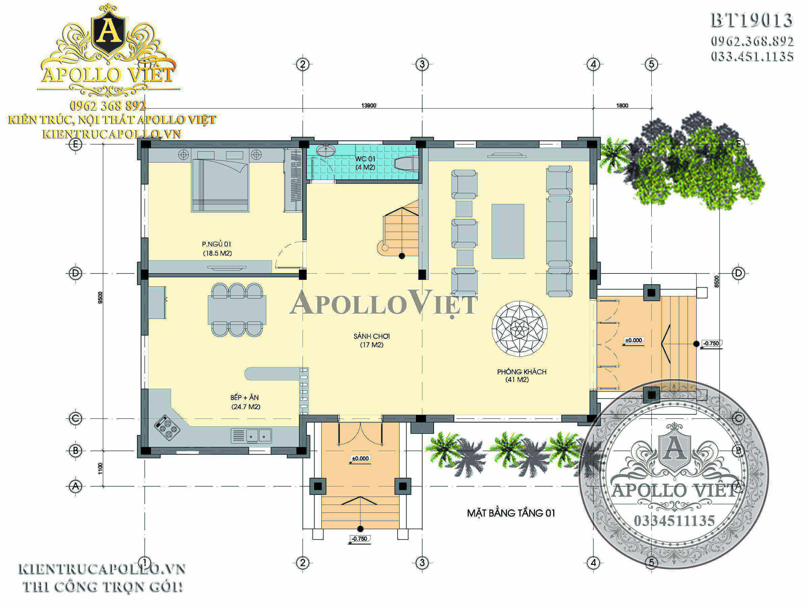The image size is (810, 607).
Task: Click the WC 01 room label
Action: click(x=365, y=163)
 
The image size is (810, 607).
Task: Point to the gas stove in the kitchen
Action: click(x=167, y=427)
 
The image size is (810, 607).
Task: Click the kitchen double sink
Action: click(x=251, y=436)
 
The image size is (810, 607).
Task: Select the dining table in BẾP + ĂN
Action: click(x=237, y=310)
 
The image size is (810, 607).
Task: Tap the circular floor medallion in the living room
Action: click(x=520, y=328)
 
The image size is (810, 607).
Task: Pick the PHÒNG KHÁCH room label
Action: click(x=521, y=375)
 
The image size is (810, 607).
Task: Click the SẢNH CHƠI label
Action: click(x=371, y=340)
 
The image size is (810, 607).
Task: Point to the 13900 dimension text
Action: click(x=369, y=105)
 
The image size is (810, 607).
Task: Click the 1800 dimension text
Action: click(x=622, y=105)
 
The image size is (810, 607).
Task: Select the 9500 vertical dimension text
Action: click(x=100, y=297)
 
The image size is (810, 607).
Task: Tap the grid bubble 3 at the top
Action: click(x=422, y=64)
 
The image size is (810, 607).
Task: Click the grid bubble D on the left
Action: click(x=76, y=273)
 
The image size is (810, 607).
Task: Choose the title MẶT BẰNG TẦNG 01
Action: click(x=511, y=513)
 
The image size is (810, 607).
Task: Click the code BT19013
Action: click(x=751, y=21)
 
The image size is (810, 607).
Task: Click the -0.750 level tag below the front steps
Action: click(x=359, y=539)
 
